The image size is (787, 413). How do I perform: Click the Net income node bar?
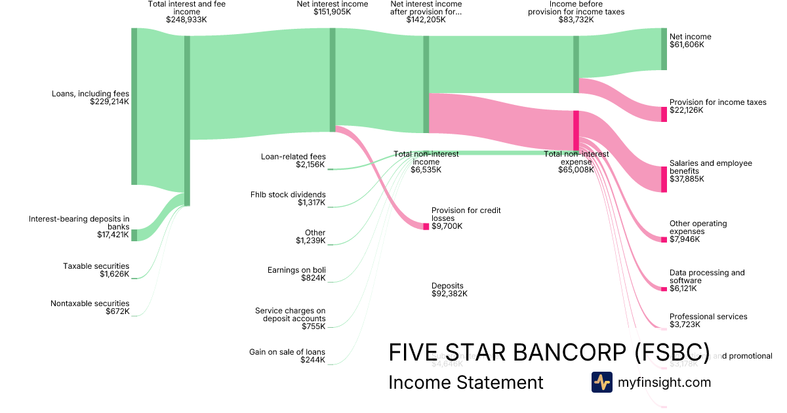click(x=664, y=49)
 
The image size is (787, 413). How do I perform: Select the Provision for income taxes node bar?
click(x=664, y=114)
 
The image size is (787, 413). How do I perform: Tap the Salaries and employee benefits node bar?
click(x=664, y=179)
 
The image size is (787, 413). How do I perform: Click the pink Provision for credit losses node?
click(x=426, y=226)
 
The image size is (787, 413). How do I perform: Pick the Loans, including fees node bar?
click(x=134, y=106)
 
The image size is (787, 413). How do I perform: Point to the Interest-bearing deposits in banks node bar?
click(x=134, y=235)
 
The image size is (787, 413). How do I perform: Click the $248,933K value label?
click(x=187, y=20)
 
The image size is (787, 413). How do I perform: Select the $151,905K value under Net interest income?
click(x=333, y=12)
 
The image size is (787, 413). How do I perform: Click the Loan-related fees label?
click(x=293, y=157)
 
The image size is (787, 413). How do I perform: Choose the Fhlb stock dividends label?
click(x=288, y=195)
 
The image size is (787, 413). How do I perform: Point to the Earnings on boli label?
click(x=296, y=270)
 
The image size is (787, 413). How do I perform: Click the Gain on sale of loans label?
click(x=287, y=352)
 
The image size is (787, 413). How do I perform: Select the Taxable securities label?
click(x=96, y=266)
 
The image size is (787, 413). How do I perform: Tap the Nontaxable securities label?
click(x=90, y=304)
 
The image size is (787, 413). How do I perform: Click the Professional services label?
click(x=708, y=317)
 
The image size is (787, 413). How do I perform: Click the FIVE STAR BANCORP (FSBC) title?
click(x=549, y=353)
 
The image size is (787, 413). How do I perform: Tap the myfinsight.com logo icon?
click(x=601, y=382)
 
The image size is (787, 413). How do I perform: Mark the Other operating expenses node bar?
click(x=664, y=239)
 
